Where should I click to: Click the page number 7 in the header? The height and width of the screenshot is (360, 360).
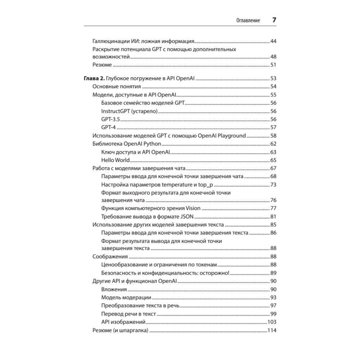tap(274, 20)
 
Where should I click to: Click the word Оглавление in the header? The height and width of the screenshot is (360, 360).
tap(248, 21)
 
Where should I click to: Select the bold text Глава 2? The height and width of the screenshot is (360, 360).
tap(95, 79)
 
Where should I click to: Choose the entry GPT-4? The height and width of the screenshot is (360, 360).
tap(108, 127)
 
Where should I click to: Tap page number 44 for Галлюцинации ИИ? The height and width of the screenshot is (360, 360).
tap(273, 41)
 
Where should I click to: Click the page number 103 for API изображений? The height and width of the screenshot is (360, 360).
tap(272, 322)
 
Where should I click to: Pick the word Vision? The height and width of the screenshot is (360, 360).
tap(193, 208)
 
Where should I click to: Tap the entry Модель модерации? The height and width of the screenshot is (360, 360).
tap(126, 298)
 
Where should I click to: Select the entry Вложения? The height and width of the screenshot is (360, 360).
tap(114, 289)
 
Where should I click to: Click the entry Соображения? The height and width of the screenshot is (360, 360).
tap(110, 257)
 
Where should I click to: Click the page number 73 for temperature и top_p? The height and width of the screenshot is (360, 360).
tap(273, 185)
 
